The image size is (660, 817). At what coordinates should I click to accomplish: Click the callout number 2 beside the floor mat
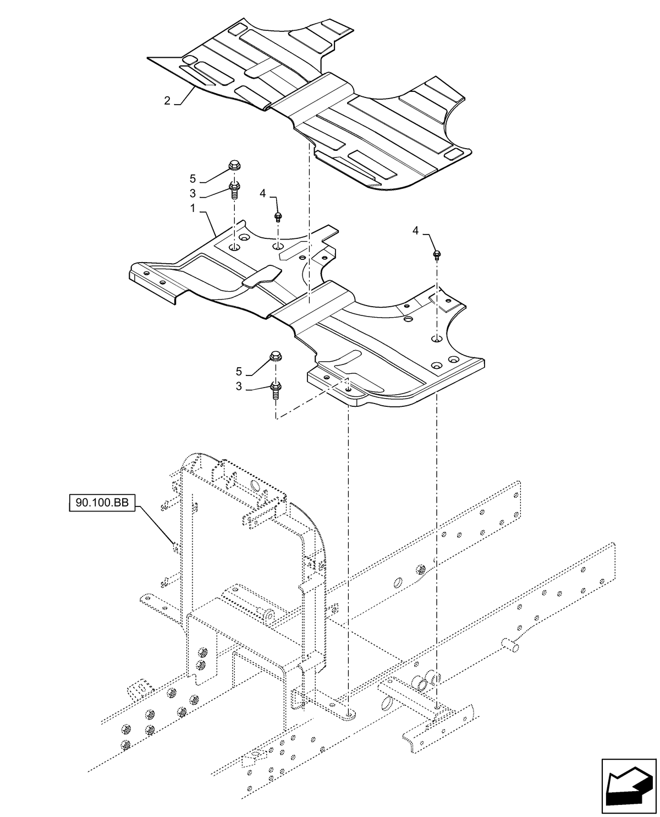tap(167, 100)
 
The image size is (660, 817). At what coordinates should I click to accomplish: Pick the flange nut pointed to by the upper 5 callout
tap(233, 166)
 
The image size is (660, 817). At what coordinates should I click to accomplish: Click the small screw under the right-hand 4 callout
tap(437, 254)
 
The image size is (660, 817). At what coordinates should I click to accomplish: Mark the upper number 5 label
tap(193, 178)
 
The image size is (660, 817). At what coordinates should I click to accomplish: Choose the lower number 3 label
tap(239, 387)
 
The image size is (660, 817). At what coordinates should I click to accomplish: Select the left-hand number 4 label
tap(263, 193)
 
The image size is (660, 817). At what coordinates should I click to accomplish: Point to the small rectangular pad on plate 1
tap(261, 276)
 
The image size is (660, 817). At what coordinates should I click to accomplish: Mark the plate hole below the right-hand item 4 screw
tap(436, 339)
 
